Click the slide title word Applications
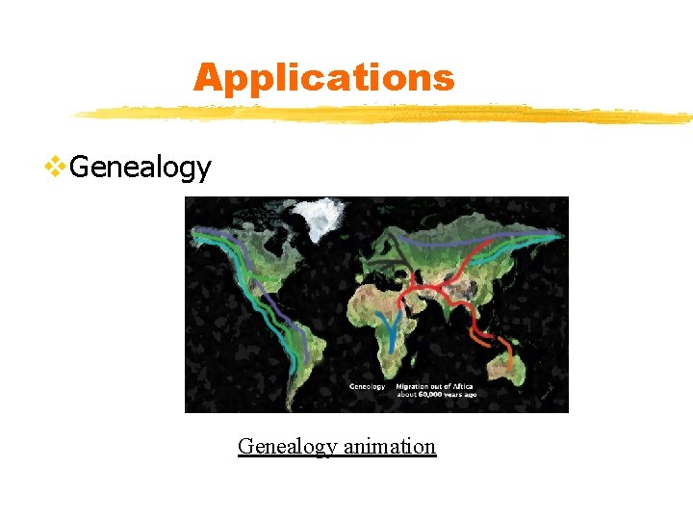pyautogui.click(x=323, y=77)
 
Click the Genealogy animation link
pyautogui.click(x=337, y=446)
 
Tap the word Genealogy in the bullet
pyautogui.click(x=141, y=168)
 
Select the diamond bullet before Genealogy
pyautogui.click(x=56, y=167)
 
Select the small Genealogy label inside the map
pyautogui.click(x=367, y=386)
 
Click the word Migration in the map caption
pyautogui.click(x=416, y=386)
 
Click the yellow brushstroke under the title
pyautogui.click(x=385, y=115)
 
